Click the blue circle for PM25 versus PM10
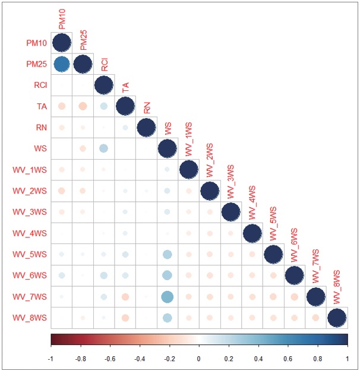62,64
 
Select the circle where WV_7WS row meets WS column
167,297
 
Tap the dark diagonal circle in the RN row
146,128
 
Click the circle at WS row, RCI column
103,148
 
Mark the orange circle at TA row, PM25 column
83,106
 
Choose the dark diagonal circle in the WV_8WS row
336,318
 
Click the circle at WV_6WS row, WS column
167,275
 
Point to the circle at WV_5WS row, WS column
167,255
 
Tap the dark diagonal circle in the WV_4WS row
251,233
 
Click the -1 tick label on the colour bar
51,359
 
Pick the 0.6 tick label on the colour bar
288,359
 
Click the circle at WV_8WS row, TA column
125,318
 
